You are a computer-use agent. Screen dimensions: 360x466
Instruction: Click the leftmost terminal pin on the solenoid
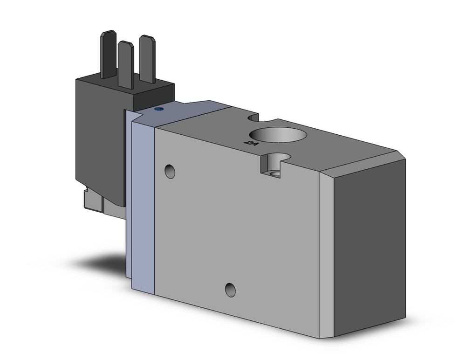click(107, 54)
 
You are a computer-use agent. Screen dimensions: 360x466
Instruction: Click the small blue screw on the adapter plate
click(158, 110)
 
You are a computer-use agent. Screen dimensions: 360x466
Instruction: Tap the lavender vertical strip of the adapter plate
click(143, 205)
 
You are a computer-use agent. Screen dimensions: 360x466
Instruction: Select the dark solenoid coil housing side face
click(98, 140)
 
